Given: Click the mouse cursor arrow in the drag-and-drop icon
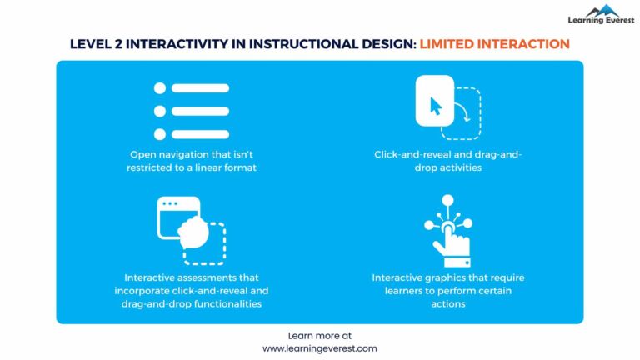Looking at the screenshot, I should click(435, 106).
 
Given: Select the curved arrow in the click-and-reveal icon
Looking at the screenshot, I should click(463, 114).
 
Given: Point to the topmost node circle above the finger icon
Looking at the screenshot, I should click(447, 200).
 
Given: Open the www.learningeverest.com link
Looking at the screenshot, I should click(320, 348).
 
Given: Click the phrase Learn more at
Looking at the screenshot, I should click(320, 335).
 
